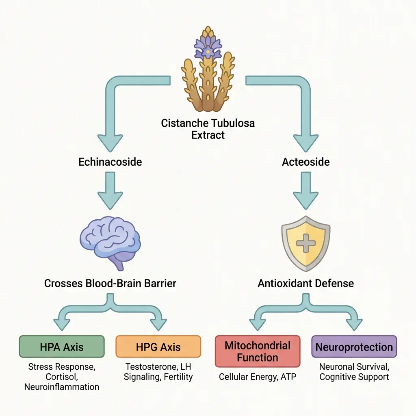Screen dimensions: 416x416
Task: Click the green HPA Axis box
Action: [62, 347]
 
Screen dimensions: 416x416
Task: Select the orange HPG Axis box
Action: [158, 347]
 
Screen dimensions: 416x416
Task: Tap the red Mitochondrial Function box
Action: [257, 351]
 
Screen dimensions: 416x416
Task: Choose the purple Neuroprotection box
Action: [354, 347]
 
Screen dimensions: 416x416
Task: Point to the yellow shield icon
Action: [306, 243]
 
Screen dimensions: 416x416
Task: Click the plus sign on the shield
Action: [306, 244]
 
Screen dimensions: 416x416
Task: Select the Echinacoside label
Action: [110, 162]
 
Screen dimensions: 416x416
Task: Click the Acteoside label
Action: [306, 162]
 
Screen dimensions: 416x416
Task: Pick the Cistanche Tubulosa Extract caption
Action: [208, 129]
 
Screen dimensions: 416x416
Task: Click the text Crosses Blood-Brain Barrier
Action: [110, 283]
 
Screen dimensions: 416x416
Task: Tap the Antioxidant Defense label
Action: [306, 283]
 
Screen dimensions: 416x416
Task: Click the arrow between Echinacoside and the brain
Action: [110, 190]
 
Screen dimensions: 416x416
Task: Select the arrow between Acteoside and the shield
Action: [306, 190]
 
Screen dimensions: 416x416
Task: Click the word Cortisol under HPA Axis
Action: [62, 377]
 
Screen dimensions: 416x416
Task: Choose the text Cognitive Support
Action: [354, 377]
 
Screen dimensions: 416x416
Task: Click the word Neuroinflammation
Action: [62, 387]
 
